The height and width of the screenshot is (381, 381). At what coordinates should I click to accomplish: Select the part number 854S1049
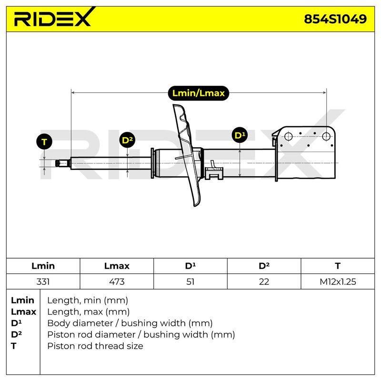click(x=335, y=19)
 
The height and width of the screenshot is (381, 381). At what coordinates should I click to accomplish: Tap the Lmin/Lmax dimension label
click(x=198, y=93)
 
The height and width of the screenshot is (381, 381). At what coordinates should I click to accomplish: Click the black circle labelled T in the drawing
click(x=44, y=141)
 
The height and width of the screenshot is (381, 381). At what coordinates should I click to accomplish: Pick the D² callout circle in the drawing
click(x=127, y=140)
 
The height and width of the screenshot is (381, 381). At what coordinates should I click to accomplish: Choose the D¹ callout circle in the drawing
click(x=240, y=135)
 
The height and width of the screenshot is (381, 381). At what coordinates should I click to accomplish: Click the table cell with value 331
click(x=43, y=281)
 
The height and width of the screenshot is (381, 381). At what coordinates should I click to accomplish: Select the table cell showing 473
click(x=117, y=281)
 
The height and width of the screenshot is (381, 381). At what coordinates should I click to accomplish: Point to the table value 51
click(x=190, y=281)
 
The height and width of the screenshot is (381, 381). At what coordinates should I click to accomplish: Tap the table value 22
click(x=264, y=281)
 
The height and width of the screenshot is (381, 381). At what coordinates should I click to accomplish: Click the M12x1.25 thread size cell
click(x=338, y=281)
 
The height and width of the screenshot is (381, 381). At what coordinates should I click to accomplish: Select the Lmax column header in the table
click(x=117, y=266)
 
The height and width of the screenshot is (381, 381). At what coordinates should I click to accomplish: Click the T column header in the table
click(x=338, y=266)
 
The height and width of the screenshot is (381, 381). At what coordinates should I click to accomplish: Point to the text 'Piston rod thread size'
click(x=95, y=346)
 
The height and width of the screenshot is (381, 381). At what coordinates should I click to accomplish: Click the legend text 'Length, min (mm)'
click(x=88, y=301)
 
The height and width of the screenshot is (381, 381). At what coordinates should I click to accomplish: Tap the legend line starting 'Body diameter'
click(x=130, y=323)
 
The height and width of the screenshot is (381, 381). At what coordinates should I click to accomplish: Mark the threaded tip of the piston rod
click(x=61, y=163)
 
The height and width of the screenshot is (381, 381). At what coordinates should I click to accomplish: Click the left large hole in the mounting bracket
click(x=288, y=136)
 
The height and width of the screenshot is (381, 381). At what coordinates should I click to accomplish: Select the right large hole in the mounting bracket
click(x=326, y=136)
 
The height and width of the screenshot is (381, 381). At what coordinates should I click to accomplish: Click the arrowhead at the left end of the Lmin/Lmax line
click(x=73, y=92)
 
